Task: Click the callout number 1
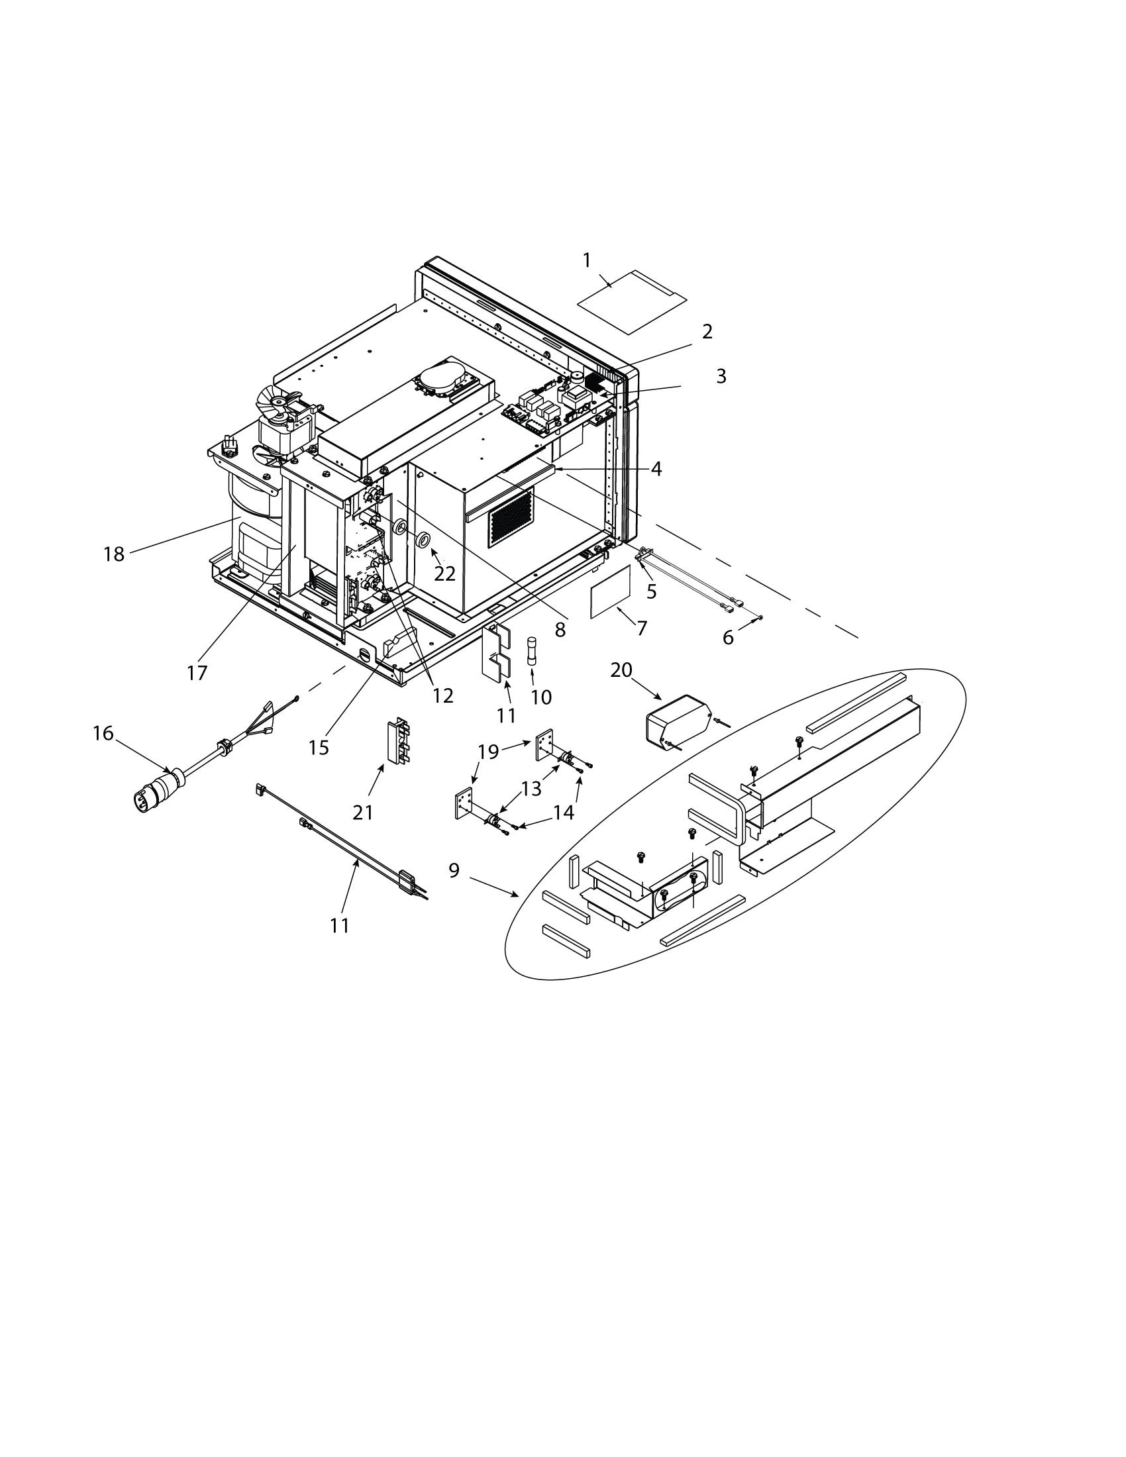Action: [x=587, y=260]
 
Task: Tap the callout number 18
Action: [x=114, y=554]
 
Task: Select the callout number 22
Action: [x=445, y=573]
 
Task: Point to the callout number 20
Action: [x=621, y=669]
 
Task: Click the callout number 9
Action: [x=454, y=871]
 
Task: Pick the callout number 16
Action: [x=103, y=733]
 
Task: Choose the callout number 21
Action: [x=363, y=812]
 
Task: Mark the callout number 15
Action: [x=319, y=747]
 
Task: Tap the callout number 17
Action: [x=197, y=673]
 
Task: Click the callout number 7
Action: [x=642, y=628]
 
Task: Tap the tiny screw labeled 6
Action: [x=760, y=618]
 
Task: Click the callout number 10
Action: [x=541, y=697]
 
